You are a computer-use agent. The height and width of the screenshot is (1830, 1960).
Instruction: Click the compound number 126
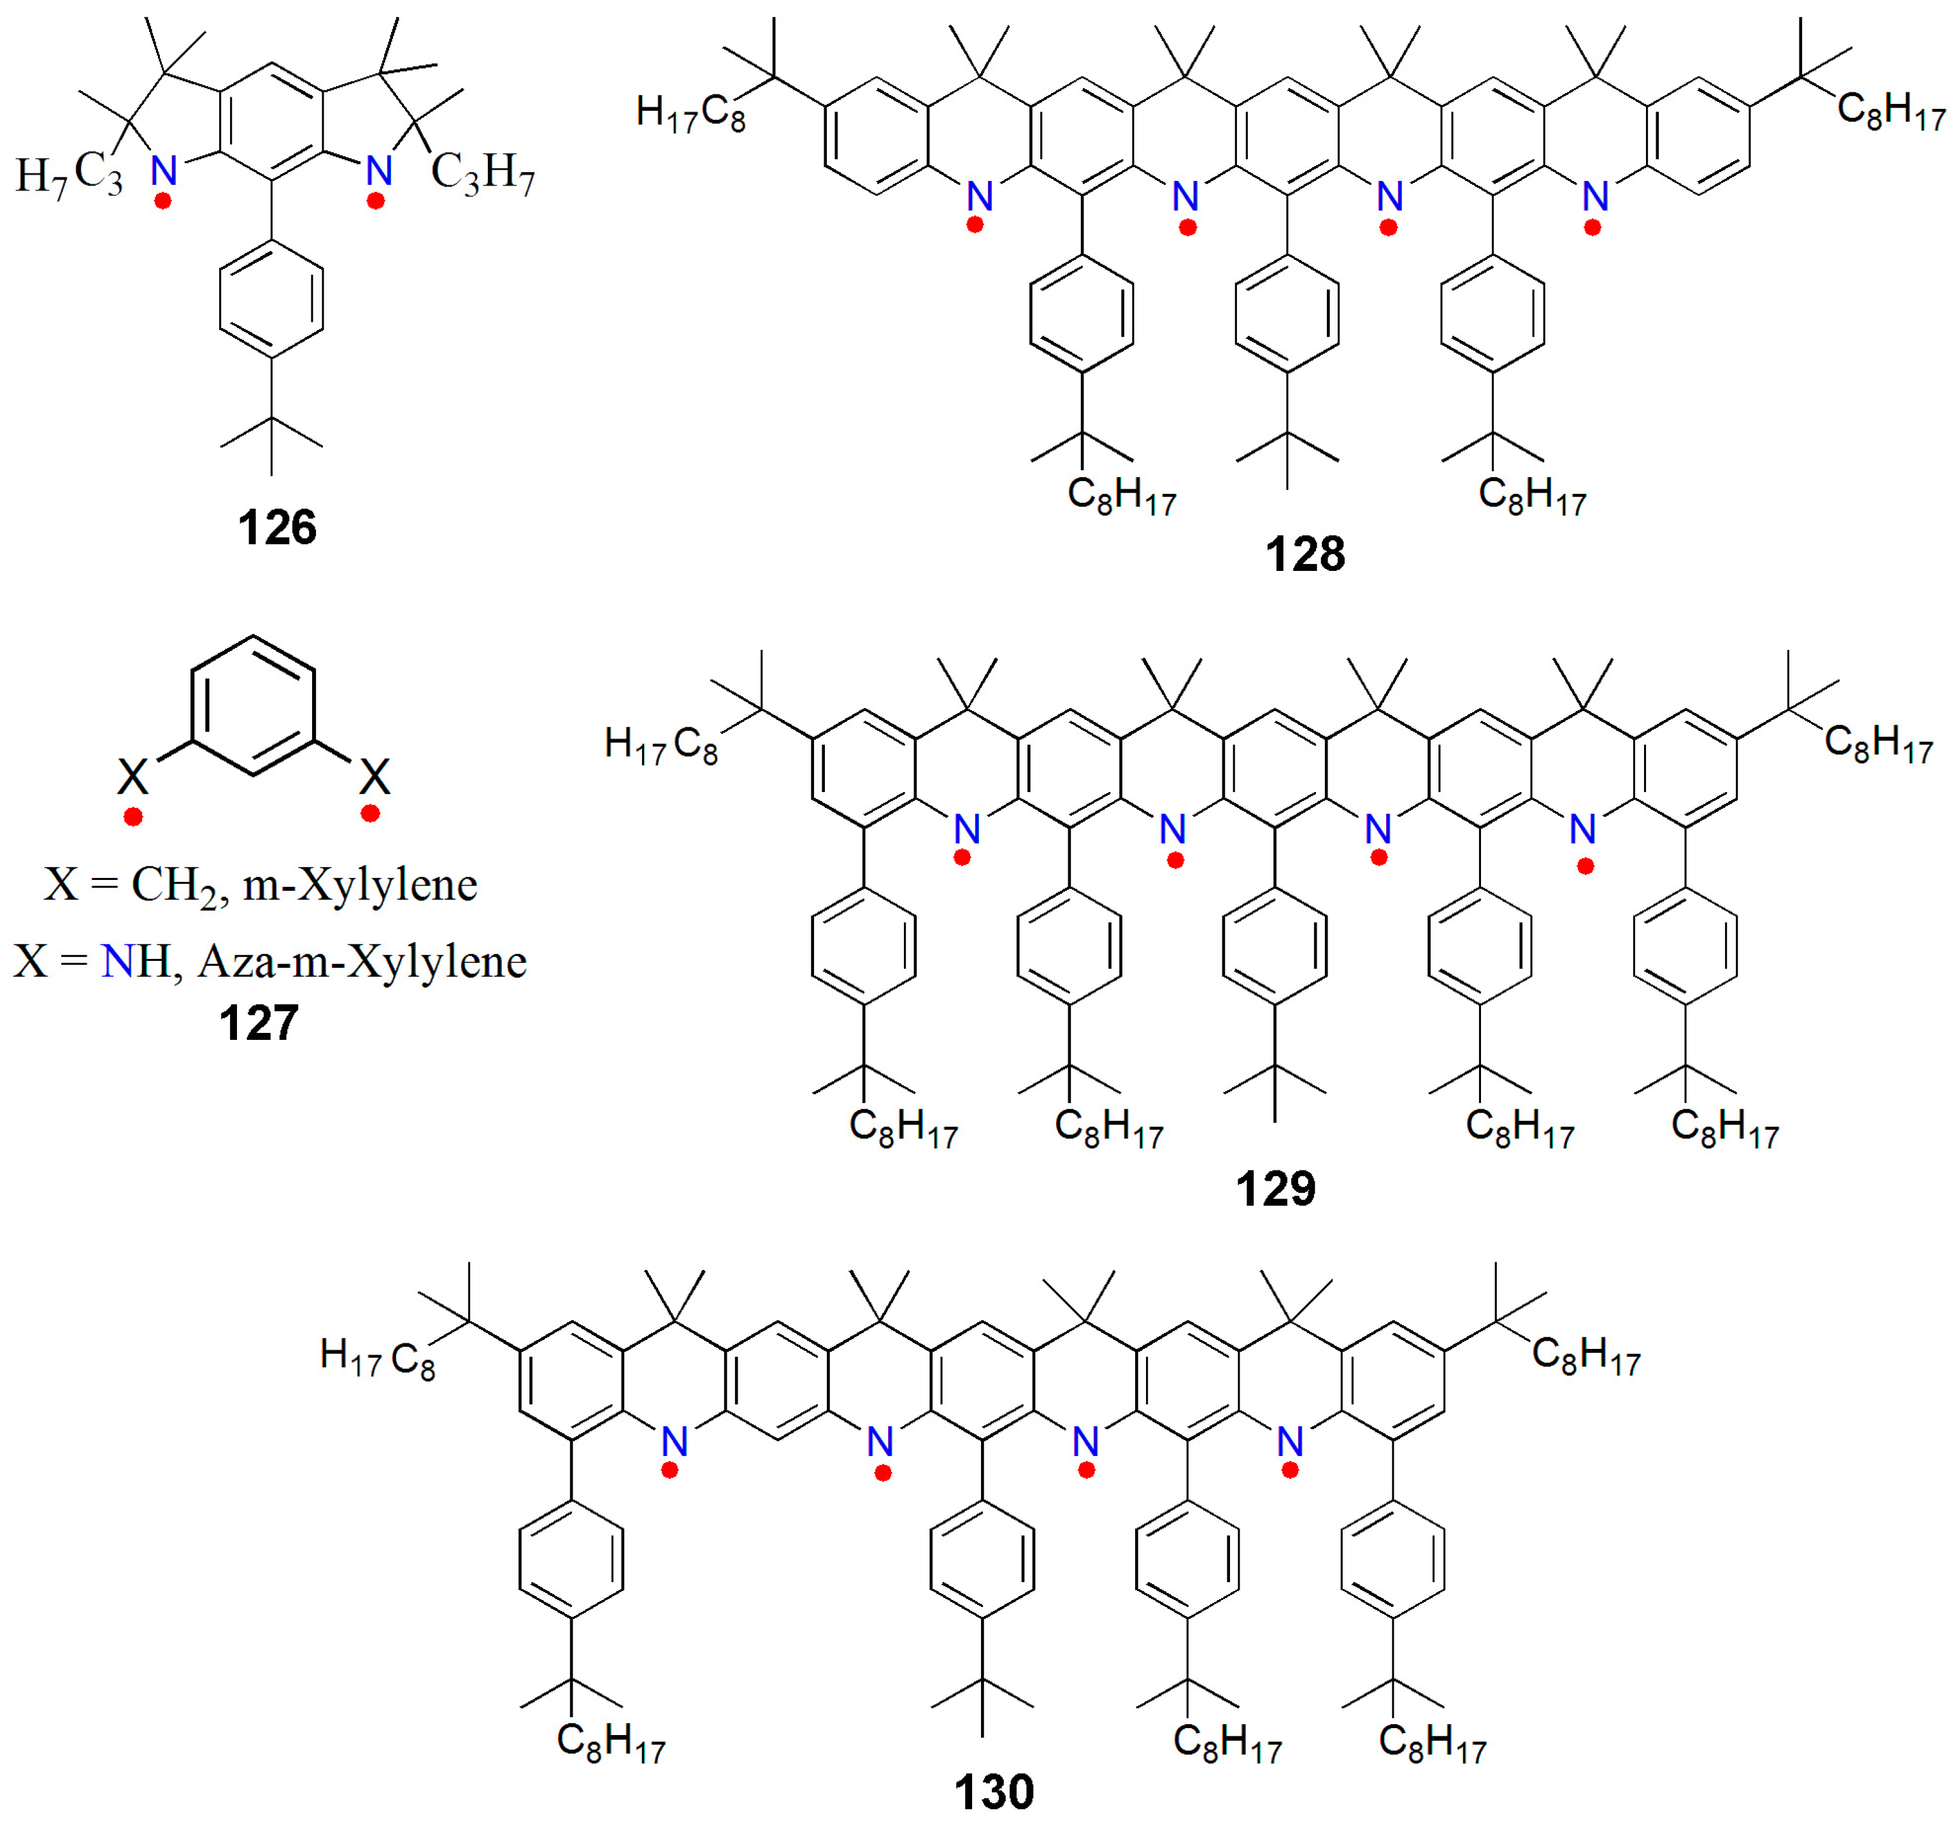coord(277,528)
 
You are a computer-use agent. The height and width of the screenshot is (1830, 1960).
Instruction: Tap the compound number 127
coord(259,1023)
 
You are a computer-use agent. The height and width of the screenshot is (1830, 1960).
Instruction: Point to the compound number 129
coord(1276,1189)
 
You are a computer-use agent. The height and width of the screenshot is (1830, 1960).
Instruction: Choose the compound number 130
coord(994,1792)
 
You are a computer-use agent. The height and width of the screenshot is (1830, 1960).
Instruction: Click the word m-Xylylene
coord(360,884)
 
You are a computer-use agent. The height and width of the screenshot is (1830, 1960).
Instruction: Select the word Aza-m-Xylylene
coord(362,962)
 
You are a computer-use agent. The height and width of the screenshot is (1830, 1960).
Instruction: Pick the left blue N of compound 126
coord(164,171)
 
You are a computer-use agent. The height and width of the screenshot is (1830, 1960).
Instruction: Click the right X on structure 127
coord(375,777)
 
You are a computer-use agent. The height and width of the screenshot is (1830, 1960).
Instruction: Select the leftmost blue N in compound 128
coord(979,196)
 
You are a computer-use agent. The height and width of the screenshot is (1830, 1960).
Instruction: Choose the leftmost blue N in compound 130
coord(675,1443)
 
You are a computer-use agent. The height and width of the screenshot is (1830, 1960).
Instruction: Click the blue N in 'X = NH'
coord(117,962)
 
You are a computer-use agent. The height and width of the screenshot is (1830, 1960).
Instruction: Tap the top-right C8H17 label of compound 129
coord(1878,744)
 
